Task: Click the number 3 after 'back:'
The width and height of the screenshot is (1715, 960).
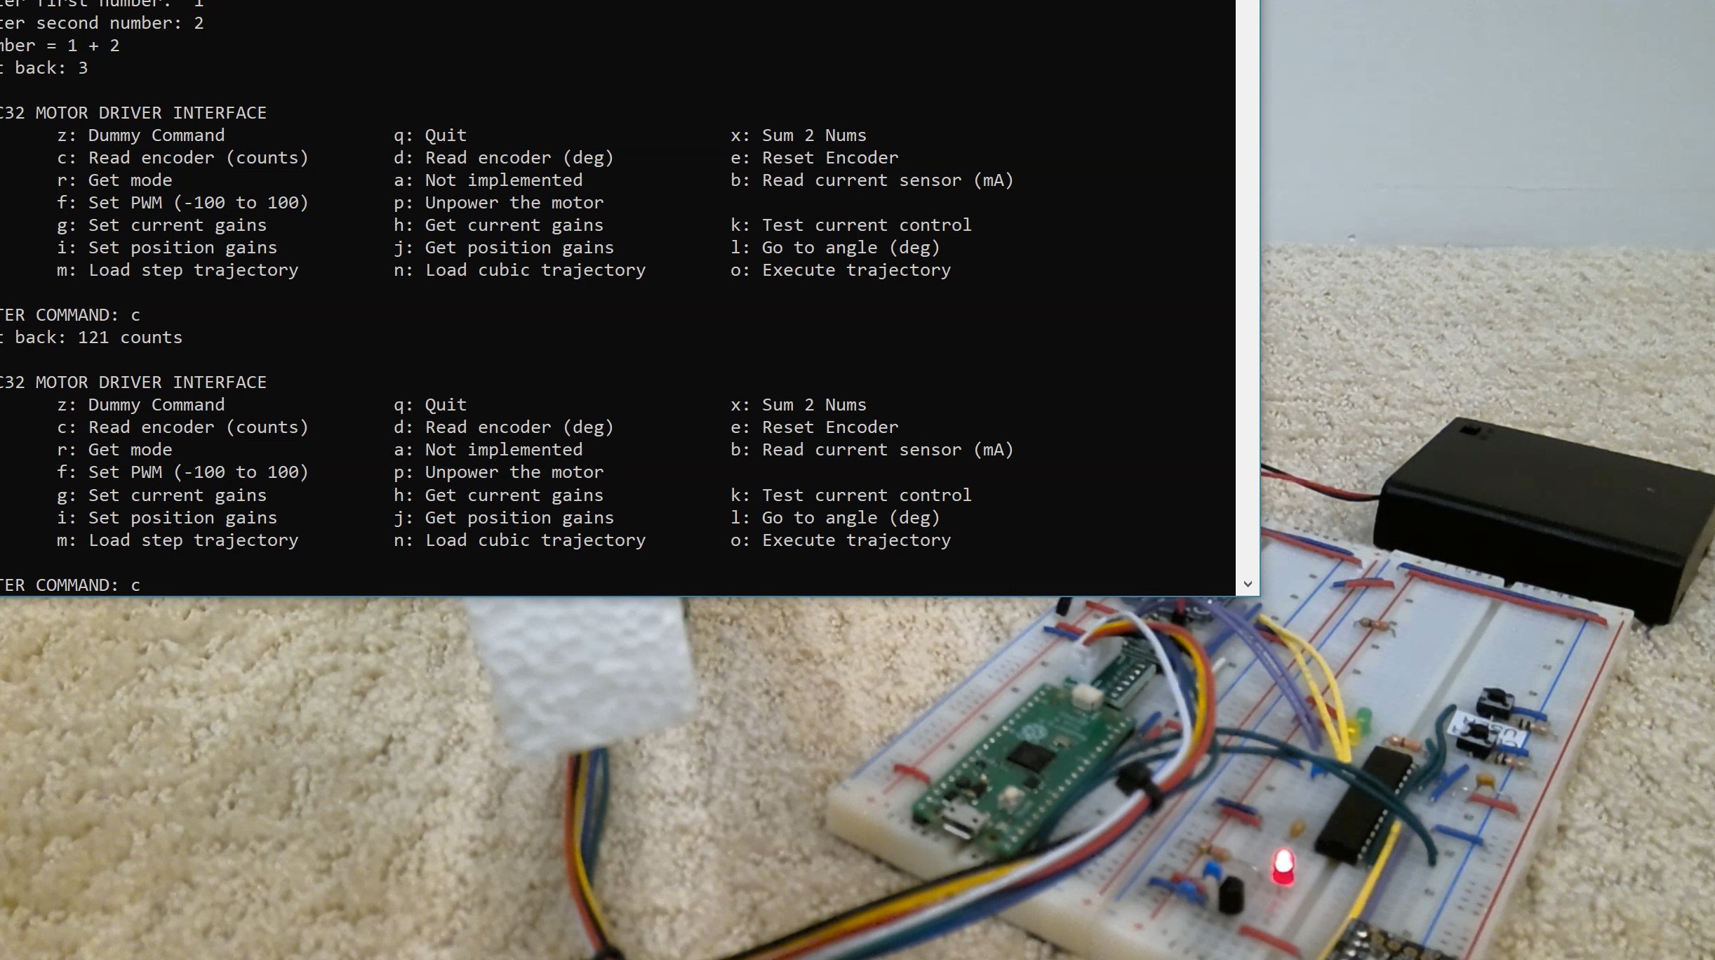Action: pyautogui.click(x=83, y=68)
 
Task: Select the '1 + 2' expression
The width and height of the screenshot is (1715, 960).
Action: pyautogui.click(x=93, y=46)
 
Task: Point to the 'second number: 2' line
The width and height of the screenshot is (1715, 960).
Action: pyautogui.click(x=119, y=23)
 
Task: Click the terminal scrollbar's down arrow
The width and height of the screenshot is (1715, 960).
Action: pyautogui.click(x=1247, y=584)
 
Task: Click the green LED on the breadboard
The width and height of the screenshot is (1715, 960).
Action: pyautogui.click(x=1363, y=719)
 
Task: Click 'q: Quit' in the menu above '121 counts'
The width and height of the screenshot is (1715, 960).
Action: pyautogui.click(x=429, y=135)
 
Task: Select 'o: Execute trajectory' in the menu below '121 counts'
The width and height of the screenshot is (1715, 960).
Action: pyautogui.click(x=841, y=540)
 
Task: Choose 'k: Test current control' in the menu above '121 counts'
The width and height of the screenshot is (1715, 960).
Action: pyautogui.click(x=850, y=225)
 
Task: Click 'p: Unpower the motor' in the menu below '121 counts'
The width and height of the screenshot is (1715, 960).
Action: pyautogui.click(x=498, y=472)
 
